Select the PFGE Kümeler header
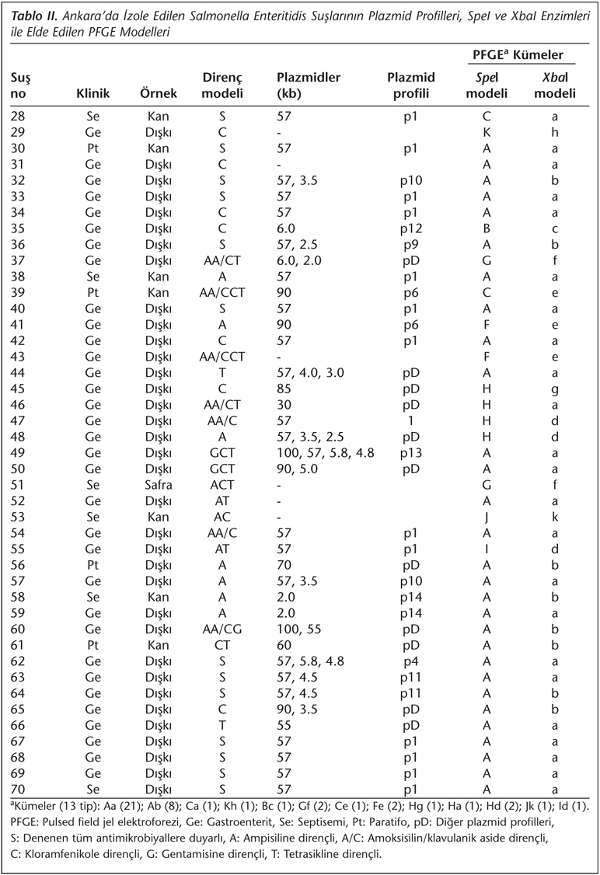(518, 56)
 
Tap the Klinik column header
(92, 93)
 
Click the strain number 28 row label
(16, 116)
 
